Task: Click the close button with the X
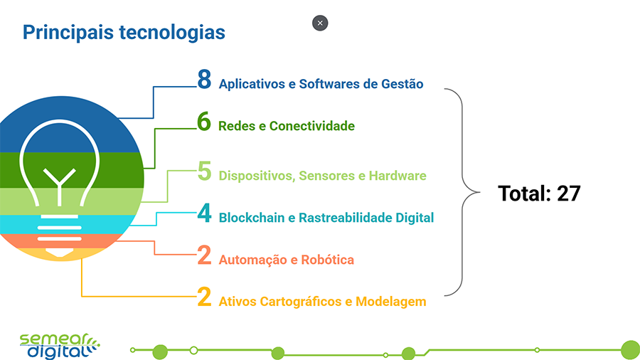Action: (x=320, y=23)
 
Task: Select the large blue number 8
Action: (x=205, y=80)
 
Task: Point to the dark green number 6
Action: (x=205, y=122)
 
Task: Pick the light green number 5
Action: (x=205, y=171)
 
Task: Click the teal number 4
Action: (x=205, y=214)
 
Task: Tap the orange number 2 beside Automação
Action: (x=205, y=256)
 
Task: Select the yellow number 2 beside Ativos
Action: (x=205, y=297)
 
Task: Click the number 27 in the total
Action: (x=569, y=194)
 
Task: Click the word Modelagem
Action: (x=391, y=302)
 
